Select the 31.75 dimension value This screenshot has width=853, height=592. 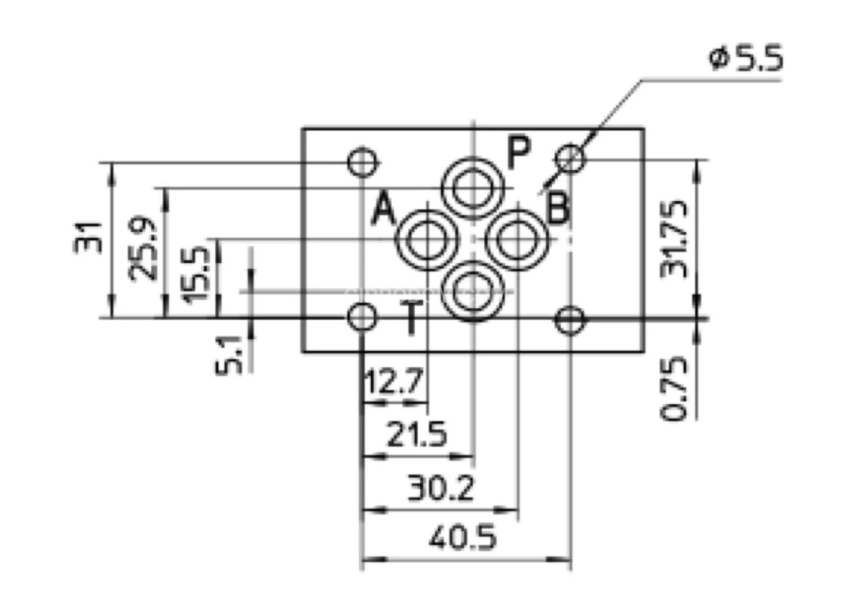674,239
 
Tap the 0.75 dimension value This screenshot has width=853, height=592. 674,389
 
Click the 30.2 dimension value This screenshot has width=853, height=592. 441,488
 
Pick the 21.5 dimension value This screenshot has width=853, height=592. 417,435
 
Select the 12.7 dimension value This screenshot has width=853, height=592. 394,382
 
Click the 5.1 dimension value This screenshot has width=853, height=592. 230,355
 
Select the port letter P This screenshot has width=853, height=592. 518,152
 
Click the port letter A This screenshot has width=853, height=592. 383,210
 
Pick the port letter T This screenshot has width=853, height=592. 412,318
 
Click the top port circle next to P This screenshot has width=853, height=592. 473,188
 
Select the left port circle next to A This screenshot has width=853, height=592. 427,240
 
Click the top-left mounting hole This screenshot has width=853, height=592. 363,161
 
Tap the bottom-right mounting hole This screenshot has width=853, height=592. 570,320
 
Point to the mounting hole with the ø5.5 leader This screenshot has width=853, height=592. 570,158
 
